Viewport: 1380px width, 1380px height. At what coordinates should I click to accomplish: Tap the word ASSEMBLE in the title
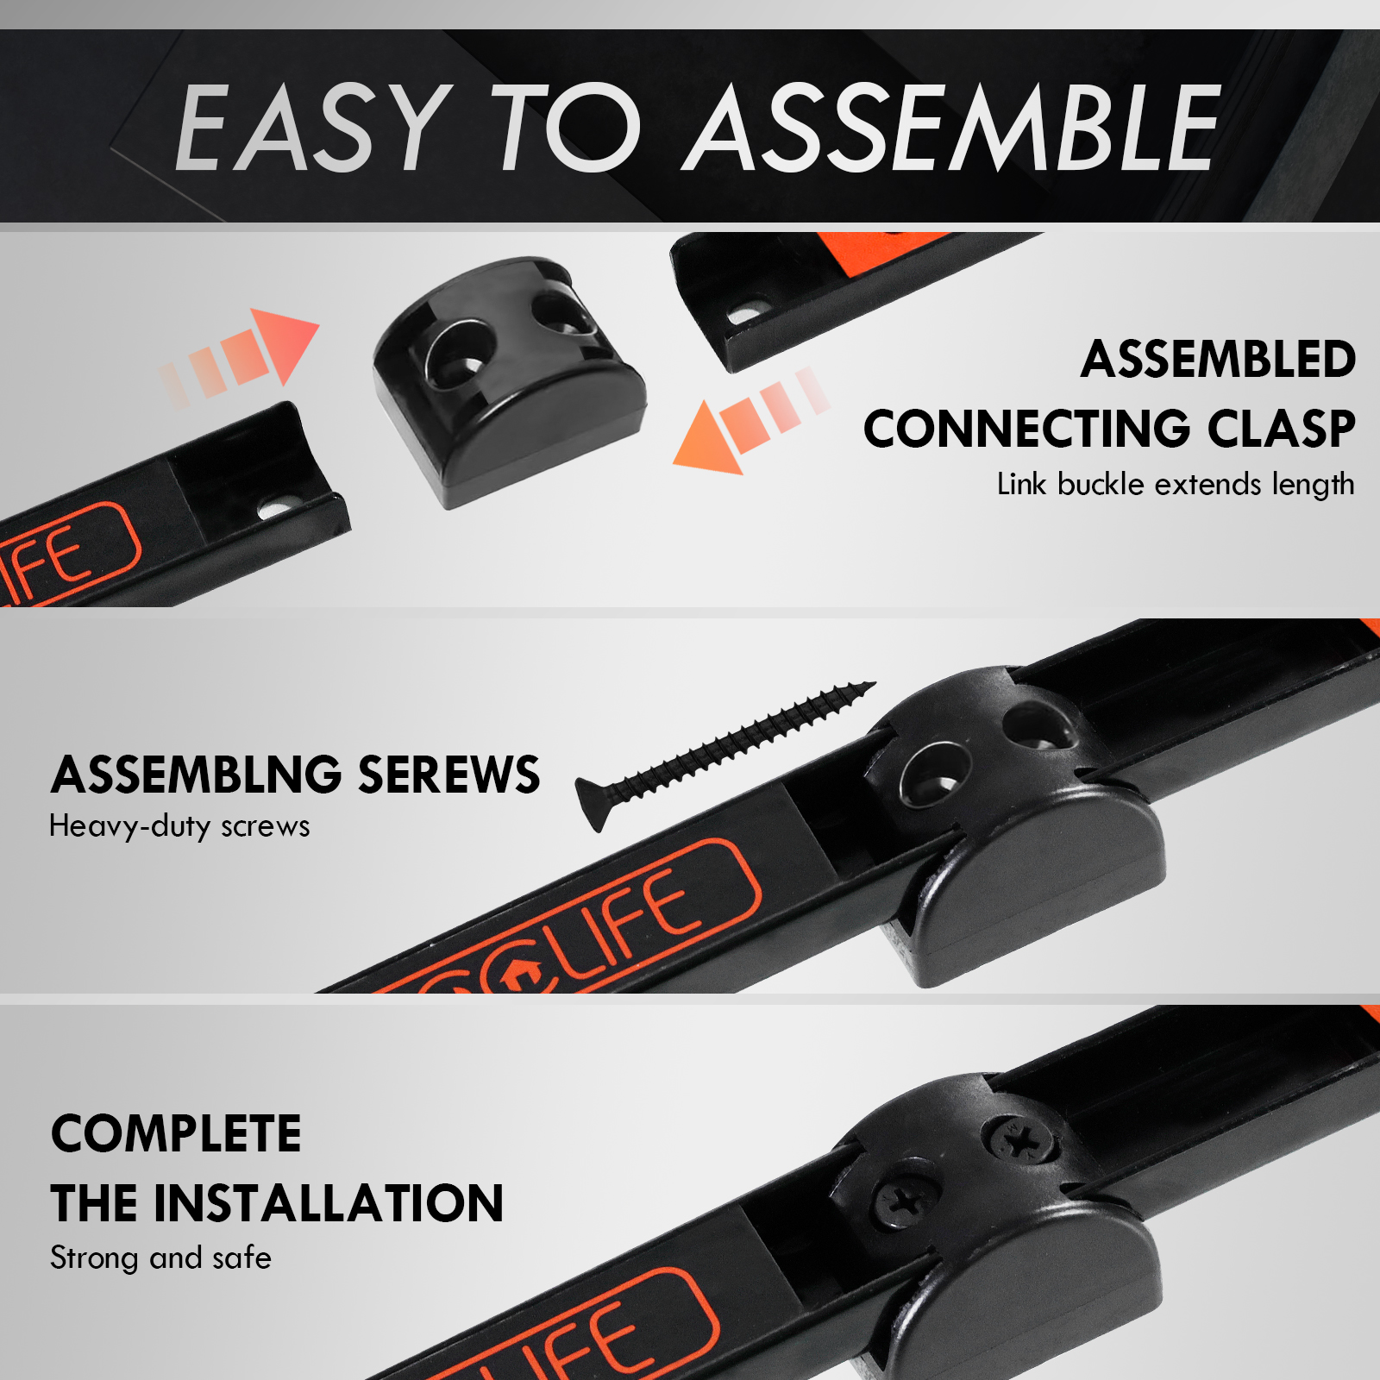952,128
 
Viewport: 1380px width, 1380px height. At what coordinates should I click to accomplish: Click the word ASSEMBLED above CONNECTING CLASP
1218,359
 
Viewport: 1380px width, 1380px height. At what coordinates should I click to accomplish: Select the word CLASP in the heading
1281,429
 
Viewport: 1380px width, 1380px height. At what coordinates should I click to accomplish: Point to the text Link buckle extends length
1176,485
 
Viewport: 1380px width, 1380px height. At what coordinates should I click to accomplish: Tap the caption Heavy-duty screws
179,826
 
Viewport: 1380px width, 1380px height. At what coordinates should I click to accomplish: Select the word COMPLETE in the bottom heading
176,1133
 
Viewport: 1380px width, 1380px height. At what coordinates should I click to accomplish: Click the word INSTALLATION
328,1203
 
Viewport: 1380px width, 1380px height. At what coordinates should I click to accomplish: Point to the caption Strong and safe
160,1258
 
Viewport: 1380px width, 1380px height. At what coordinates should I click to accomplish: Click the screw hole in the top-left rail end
275,509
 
